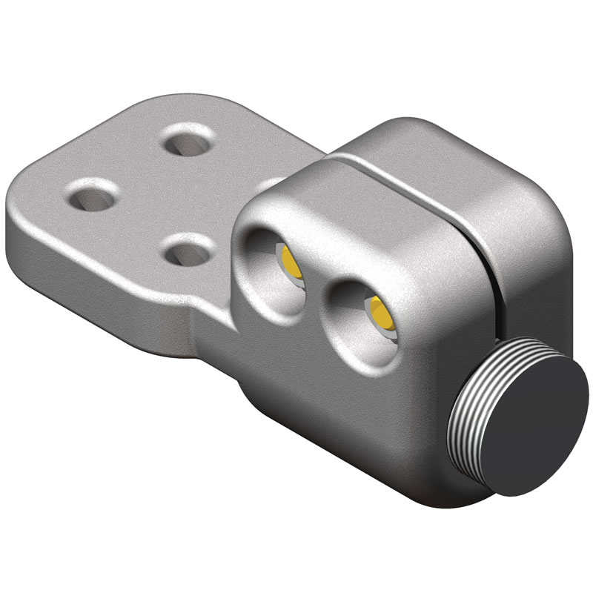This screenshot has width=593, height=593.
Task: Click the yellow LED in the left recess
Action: pyautogui.click(x=288, y=259)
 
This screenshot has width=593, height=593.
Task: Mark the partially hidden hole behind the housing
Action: pyautogui.click(x=271, y=182)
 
